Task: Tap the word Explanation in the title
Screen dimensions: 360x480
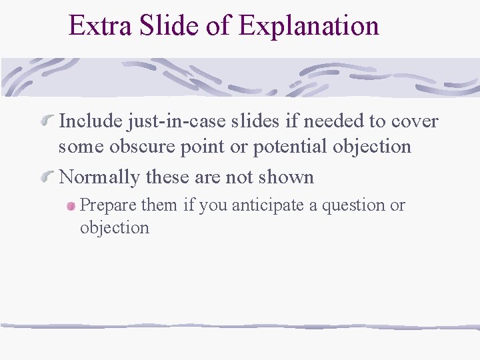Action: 309,26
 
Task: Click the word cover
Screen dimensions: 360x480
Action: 415,121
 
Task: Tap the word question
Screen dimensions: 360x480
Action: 354,205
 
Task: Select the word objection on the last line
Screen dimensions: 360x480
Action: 114,227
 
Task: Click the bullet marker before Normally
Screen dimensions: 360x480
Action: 47,177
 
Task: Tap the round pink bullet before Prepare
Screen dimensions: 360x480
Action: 71,207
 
